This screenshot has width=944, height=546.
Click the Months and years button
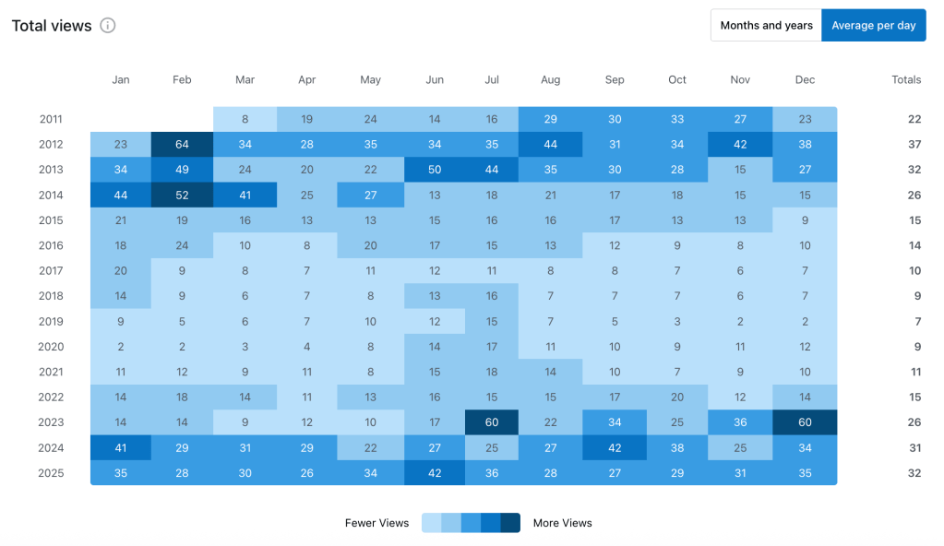pos(766,26)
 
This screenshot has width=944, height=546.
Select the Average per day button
pos(873,26)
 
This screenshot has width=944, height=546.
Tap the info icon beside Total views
pos(108,26)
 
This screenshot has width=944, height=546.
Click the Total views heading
pos(52,26)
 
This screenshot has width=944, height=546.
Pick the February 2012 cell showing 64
pos(182,144)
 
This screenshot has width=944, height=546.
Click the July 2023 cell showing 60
pos(492,422)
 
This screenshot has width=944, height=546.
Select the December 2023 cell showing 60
pos(805,422)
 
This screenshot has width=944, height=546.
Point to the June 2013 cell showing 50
pos(435,170)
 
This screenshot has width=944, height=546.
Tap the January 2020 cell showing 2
pos(121,347)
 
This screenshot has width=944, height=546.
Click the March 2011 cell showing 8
pos(245,119)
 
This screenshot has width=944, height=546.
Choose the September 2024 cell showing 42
pos(615,447)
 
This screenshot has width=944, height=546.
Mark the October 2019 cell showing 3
pos(677,321)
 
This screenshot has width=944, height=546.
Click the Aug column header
pos(550,80)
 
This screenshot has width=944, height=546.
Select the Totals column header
pos(906,80)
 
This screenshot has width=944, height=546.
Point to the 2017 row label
pos(52,271)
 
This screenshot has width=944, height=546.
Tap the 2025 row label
pos(52,473)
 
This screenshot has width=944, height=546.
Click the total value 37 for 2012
pos(914,144)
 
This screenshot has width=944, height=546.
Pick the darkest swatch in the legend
pos(510,523)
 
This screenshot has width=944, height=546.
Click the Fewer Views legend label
pos(376,523)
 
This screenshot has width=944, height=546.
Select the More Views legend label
pos(562,523)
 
